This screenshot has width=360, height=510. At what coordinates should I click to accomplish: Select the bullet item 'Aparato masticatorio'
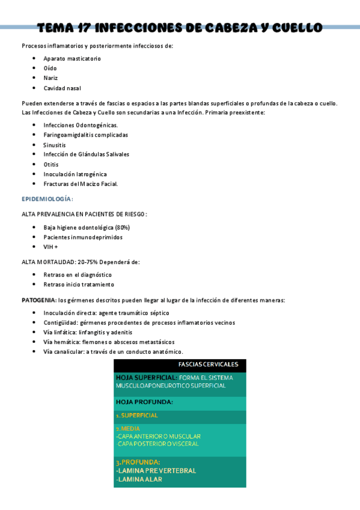pos(72,58)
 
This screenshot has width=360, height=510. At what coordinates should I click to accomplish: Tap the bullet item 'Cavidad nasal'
pos(62,88)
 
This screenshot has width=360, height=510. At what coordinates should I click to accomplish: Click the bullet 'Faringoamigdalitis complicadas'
pos(85,135)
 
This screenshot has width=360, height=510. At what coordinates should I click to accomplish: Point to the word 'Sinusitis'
pos(55,145)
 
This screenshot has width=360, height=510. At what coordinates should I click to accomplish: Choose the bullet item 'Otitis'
pos(50,164)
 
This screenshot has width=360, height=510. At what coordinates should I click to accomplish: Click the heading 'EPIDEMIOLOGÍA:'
pos(47,198)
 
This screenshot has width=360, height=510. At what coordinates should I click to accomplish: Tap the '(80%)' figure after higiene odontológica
pos(119,227)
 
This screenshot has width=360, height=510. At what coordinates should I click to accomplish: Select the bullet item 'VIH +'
pos(50,247)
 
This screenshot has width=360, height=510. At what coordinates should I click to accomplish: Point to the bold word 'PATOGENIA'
pos(38,300)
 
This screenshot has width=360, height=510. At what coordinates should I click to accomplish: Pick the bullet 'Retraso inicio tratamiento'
pos(79,284)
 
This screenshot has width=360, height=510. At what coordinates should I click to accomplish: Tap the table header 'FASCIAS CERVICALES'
pos(208,364)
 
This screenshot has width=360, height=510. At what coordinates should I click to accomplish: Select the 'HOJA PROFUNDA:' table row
pos(144,402)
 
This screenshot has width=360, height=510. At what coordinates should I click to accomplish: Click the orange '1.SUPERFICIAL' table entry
pos(136,416)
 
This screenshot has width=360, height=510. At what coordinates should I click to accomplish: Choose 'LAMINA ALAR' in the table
pos(139,479)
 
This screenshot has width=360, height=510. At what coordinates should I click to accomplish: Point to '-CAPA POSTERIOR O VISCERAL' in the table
pos(157,444)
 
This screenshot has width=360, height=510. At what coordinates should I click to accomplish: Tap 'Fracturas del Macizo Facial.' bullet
pos(81,183)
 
